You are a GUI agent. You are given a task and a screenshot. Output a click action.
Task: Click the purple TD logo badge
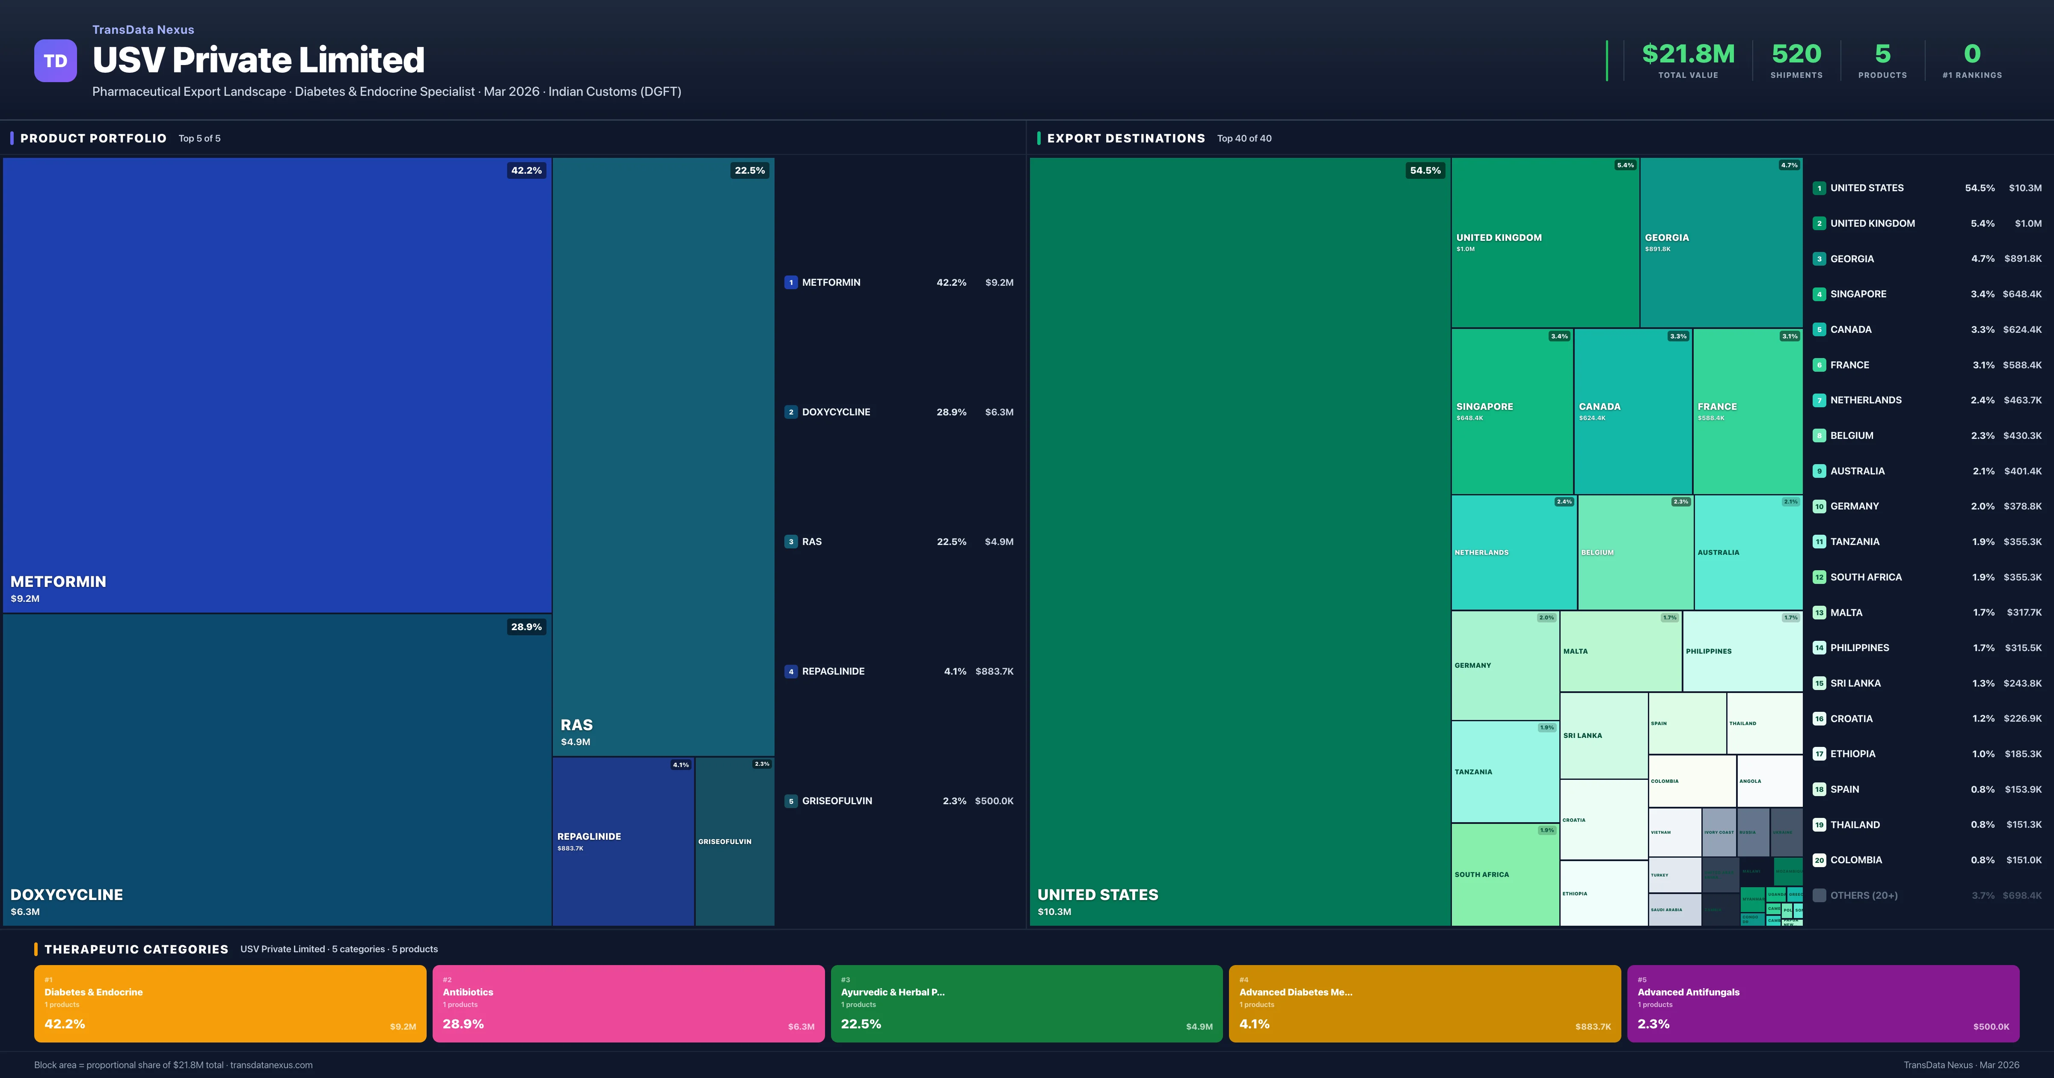[x=55, y=61]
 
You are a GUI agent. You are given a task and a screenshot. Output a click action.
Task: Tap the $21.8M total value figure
[x=1688, y=54]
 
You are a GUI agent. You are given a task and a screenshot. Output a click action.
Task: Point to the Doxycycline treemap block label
[x=67, y=894]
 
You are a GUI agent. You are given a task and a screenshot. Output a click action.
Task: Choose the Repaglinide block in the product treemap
[x=623, y=841]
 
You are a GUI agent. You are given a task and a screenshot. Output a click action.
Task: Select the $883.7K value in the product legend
[x=994, y=671]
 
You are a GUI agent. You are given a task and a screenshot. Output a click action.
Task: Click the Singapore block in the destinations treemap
[x=1512, y=412]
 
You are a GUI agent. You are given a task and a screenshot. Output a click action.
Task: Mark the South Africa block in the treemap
[x=1505, y=875]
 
